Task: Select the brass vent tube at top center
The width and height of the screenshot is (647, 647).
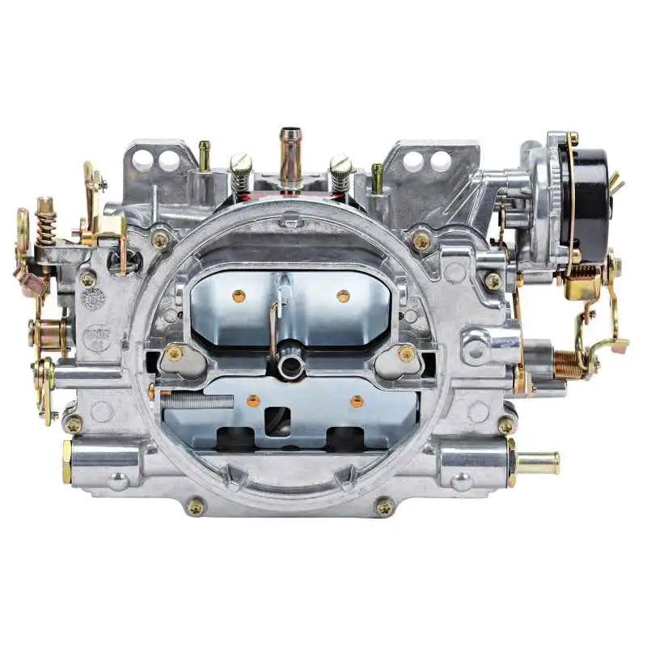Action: click(290, 154)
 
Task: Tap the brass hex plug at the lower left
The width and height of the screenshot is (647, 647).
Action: click(66, 461)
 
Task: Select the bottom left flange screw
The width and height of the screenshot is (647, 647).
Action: click(195, 507)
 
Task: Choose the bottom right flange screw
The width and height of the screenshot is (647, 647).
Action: click(385, 507)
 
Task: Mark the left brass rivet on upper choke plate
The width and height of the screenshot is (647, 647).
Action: click(239, 296)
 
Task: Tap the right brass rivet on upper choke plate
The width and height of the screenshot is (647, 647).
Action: click(343, 296)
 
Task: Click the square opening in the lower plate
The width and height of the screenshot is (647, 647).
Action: click(277, 419)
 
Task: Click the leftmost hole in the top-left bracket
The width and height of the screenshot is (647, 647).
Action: click(143, 160)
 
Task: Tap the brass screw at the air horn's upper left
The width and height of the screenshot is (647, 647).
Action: click(161, 240)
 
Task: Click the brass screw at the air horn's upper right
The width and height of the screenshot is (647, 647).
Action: click(421, 240)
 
